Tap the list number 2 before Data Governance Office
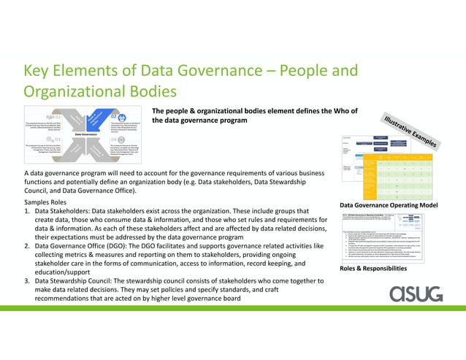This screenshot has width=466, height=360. pos(27,247)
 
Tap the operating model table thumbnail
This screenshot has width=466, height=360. pos(384,167)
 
